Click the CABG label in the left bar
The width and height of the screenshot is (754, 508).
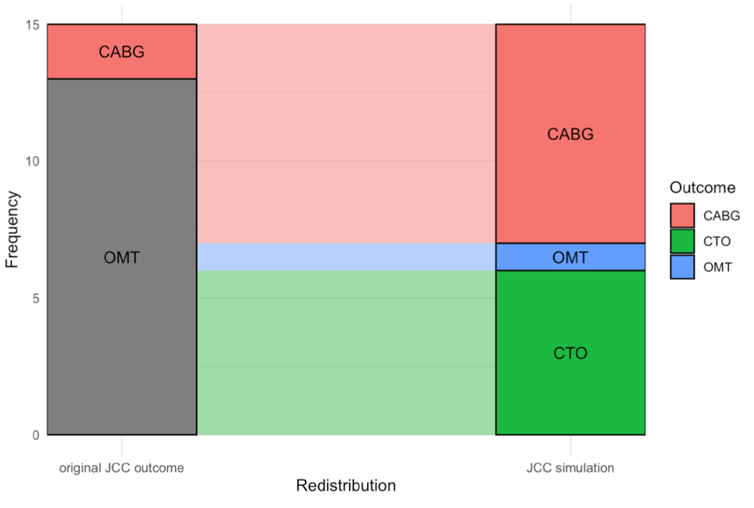pyautogui.click(x=121, y=52)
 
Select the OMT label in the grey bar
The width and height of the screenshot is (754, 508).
pyautogui.click(x=121, y=258)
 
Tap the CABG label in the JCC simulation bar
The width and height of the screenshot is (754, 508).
pyautogui.click(x=570, y=134)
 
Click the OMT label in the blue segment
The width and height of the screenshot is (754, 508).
pyautogui.click(x=570, y=258)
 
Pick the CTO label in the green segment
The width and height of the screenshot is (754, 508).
pyautogui.click(x=570, y=354)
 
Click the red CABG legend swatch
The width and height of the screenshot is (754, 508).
pyautogui.click(x=682, y=216)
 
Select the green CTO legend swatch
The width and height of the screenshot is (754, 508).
pyautogui.click(x=682, y=241)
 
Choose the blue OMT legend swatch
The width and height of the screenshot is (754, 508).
pyautogui.click(x=682, y=266)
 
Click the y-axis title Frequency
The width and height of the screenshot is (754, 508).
pyautogui.click(x=12, y=229)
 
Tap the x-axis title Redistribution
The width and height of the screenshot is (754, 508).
pyautogui.click(x=346, y=486)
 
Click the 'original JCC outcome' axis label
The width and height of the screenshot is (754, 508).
pyautogui.click(x=121, y=468)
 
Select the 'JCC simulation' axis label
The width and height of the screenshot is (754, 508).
pyautogui.click(x=570, y=468)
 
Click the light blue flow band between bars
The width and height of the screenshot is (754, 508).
pyautogui.click(x=346, y=257)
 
